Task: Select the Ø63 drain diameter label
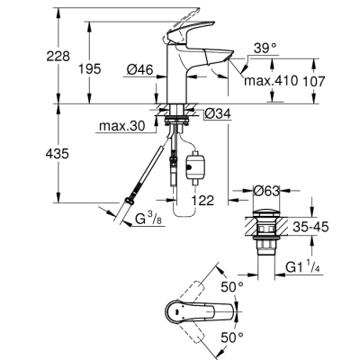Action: point(265,190)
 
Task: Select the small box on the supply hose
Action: point(192,166)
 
